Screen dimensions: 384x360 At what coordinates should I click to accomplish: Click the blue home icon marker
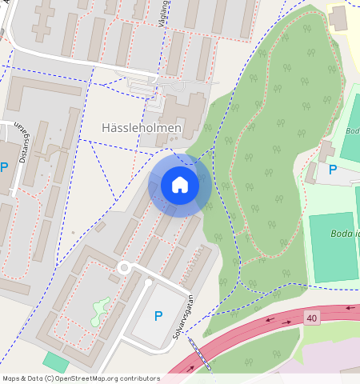point(180,185)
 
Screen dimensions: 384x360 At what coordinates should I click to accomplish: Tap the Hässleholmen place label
point(142,128)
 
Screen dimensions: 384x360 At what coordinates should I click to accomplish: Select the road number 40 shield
point(312,318)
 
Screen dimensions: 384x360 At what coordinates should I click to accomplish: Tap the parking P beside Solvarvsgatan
point(158,316)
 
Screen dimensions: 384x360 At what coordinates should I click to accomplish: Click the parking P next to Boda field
point(333,170)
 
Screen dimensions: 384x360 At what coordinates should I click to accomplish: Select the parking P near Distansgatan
point(5,167)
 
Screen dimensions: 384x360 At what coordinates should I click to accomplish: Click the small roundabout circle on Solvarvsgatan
point(123,267)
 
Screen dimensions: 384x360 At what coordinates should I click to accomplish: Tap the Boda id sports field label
point(345,234)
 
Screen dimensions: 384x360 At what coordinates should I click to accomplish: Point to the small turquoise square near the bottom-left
point(55,362)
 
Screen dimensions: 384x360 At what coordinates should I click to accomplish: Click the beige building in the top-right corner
point(339,18)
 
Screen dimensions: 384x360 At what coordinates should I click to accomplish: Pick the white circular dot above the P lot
point(148,282)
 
